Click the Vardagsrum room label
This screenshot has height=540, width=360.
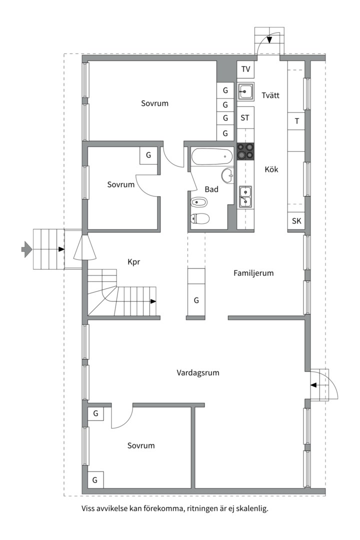point(197,372)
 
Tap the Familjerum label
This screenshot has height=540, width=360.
point(253,273)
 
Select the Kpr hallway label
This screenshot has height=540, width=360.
point(133,262)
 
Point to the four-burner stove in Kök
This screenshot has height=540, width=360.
point(245,151)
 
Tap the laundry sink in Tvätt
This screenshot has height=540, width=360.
point(245,91)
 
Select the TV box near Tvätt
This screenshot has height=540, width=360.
point(245,69)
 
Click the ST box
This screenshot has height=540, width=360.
point(245,118)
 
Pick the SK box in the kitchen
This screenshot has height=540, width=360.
point(296,221)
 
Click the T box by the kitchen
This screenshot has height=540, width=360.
point(296,121)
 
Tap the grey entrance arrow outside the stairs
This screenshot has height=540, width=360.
point(26,249)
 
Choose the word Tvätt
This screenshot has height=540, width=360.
point(270,95)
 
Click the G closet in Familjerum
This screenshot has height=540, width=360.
point(196,300)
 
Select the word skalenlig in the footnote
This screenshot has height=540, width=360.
point(252,508)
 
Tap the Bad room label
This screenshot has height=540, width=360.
point(211,189)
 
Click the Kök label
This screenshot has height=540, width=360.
point(271,169)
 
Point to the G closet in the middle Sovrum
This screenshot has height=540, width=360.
point(148,155)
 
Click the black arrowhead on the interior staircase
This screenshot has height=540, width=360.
point(153,301)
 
